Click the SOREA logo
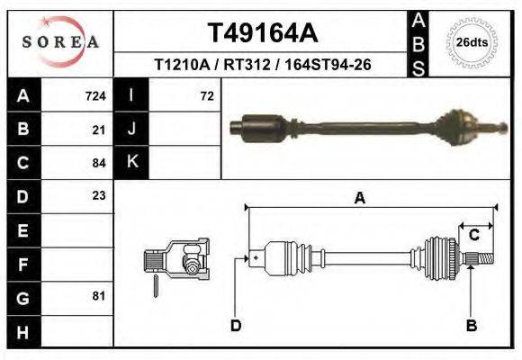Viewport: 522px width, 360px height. pos(60,43)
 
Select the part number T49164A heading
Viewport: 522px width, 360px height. pos(263,33)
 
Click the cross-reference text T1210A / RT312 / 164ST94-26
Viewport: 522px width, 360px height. pos(263,65)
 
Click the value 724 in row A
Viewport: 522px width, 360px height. pos(94,95)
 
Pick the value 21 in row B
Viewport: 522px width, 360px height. pos(99,130)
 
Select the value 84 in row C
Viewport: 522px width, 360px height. pos(99,163)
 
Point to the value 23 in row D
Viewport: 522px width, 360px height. pos(99,195)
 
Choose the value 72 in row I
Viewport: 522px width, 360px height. pos(206,95)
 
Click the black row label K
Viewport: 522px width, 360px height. pos(131,163)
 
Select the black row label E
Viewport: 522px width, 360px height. pos(22,229)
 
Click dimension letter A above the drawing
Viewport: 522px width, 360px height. pos(359,199)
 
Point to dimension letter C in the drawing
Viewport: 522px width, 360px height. pos(473,235)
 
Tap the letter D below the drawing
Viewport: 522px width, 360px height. pos(236,325)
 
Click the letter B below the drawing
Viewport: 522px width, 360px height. pos(471,325)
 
